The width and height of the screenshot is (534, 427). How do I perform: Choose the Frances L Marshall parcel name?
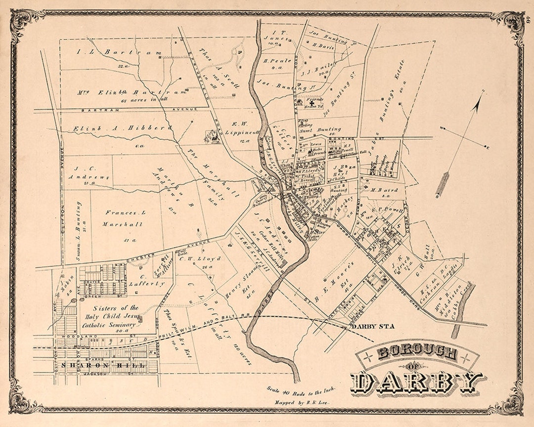click(124, 218)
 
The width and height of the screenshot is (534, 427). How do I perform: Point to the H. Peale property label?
click(272, 61)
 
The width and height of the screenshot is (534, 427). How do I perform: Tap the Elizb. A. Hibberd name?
click(124, 128)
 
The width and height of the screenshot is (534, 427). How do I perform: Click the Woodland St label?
click(68, 338)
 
